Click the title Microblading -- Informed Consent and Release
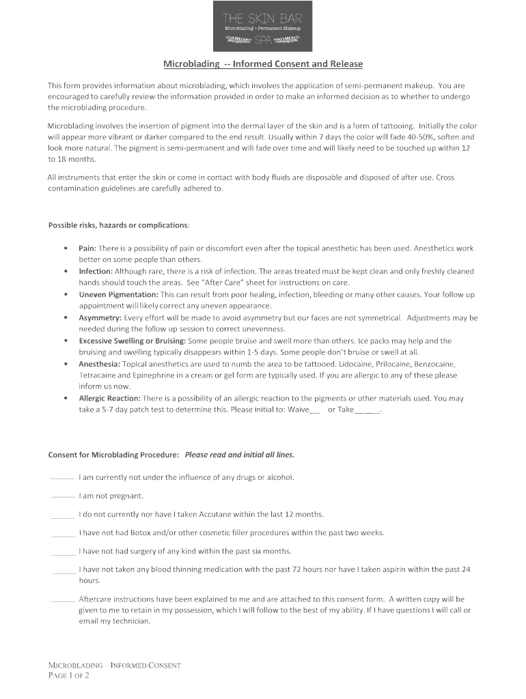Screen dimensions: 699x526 point(263,64)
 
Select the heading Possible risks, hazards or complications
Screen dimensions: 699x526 point(118,225)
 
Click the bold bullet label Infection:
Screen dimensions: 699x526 point(95,271)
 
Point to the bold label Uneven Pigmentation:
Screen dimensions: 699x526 point(118,294)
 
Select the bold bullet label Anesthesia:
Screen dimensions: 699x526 point(99,364)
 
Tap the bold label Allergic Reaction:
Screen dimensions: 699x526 point(109,398)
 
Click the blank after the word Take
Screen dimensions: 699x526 point(368,411)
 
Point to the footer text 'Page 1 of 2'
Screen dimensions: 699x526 point(68,676)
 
